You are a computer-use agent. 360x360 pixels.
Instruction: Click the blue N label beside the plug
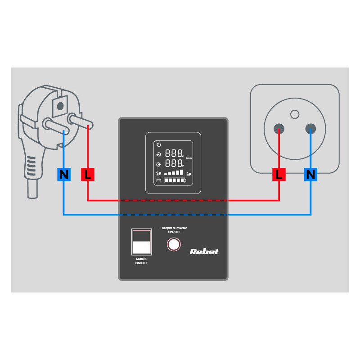64,175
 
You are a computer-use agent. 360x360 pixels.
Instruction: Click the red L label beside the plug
87,175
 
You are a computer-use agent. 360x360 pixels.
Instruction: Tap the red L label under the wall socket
279,175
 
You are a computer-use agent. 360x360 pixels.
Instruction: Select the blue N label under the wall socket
310,175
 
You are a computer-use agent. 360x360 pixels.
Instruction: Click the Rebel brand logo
204,251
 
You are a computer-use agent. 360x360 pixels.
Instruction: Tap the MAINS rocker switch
141,241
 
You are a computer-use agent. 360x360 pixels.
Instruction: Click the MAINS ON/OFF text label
141,261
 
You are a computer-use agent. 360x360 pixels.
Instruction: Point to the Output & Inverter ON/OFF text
174,230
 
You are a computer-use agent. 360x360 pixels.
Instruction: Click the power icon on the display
158,144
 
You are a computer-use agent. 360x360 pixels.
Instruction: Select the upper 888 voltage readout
174,153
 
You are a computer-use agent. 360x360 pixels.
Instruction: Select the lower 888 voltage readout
174,163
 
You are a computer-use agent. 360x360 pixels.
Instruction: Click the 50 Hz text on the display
189,158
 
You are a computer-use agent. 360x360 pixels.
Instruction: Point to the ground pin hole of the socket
295,114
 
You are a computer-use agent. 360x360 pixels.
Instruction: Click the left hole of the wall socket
279,129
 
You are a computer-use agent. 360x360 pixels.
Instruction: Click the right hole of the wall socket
310,129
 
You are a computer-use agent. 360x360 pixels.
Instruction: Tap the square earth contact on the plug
58,105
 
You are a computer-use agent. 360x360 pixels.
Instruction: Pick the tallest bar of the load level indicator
182,172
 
